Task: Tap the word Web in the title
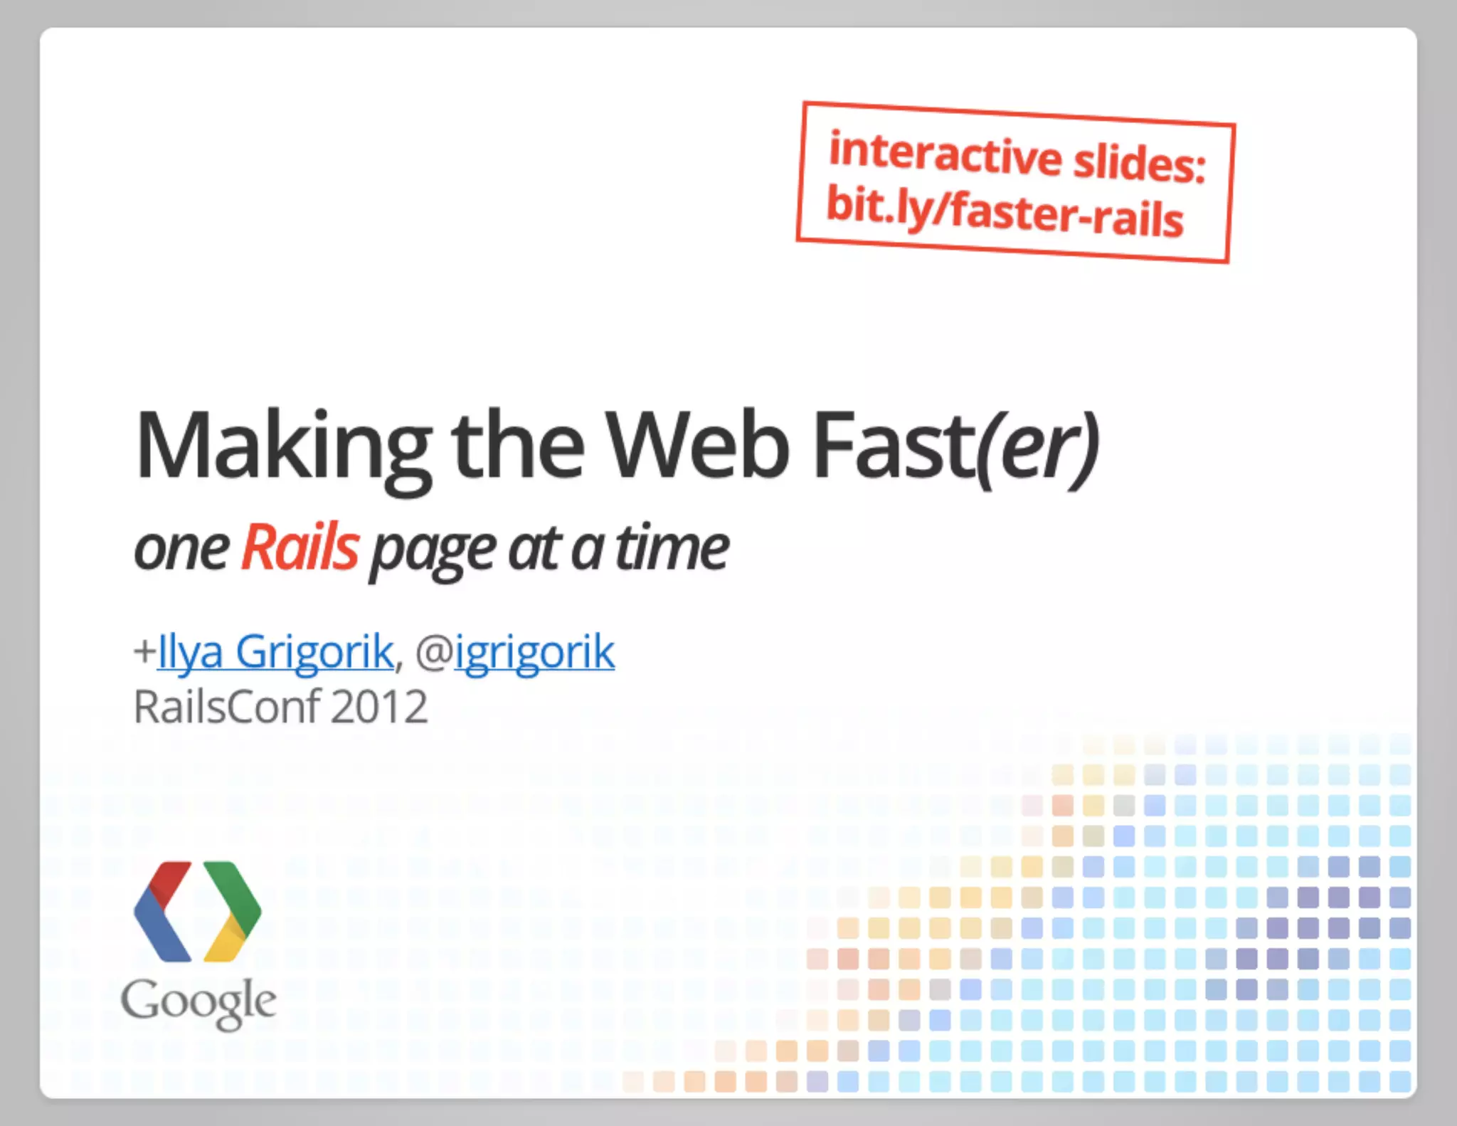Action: tap(697, 446)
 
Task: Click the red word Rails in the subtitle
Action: tap(300, 547)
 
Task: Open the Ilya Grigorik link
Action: tap(275, 651)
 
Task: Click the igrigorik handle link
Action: tap(534, 651)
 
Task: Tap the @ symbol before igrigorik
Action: tap(433, 652)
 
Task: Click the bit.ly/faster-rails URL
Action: tap(1005, 209)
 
